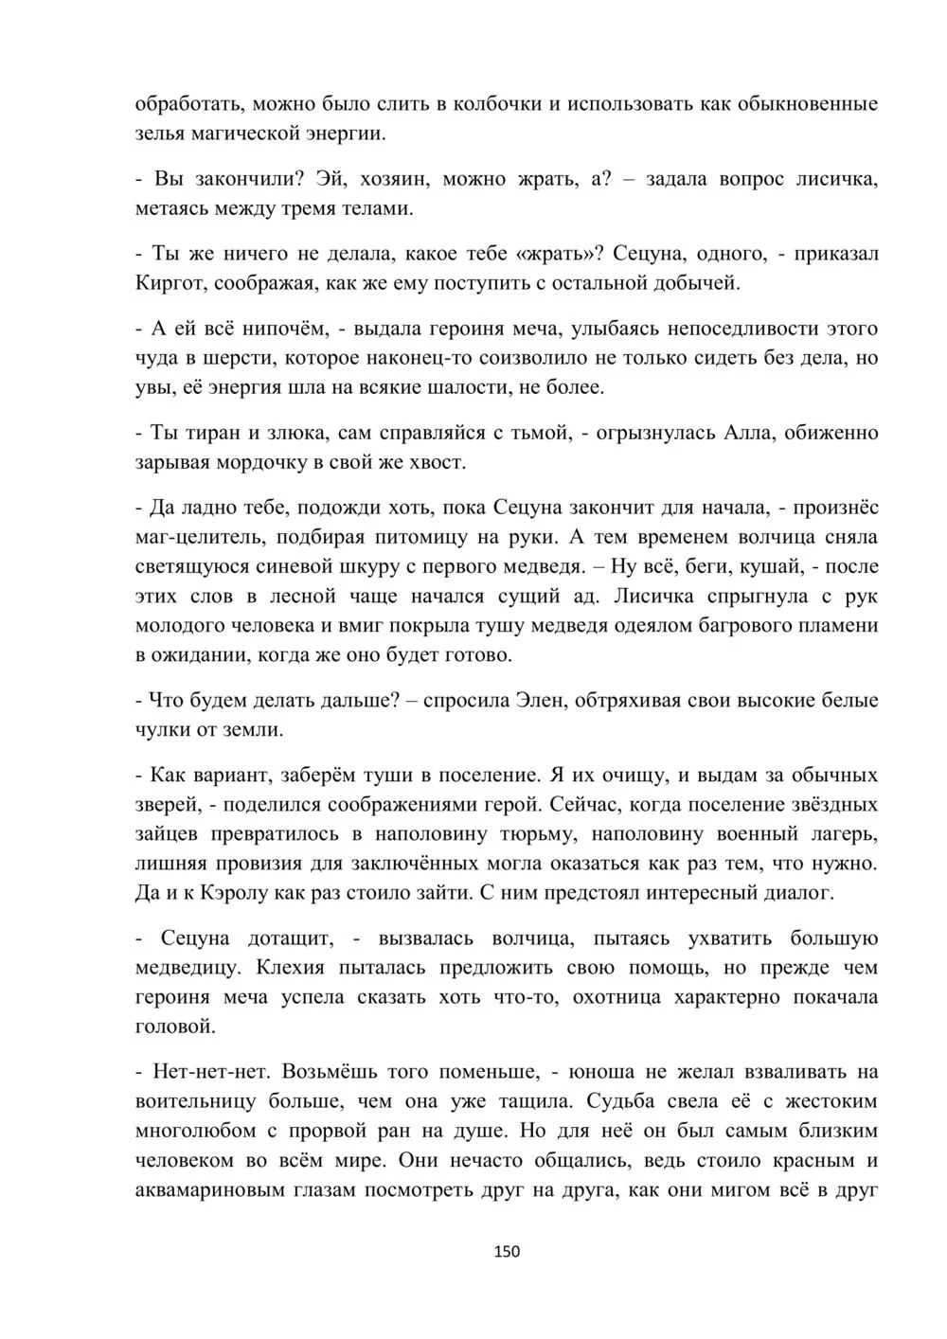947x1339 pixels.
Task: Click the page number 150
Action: click(508, 1251)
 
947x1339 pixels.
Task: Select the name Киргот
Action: click(170, 282)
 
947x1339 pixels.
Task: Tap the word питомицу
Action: click(417, 537)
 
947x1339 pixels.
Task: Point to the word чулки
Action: click(162, 730)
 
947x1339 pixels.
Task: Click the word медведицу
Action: click(185, 968)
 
